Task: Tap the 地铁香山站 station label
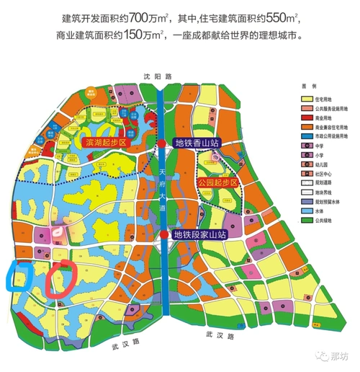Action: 197,143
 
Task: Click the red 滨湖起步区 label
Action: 107,143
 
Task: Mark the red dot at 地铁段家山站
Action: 165,234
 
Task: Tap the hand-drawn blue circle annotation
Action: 18,277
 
